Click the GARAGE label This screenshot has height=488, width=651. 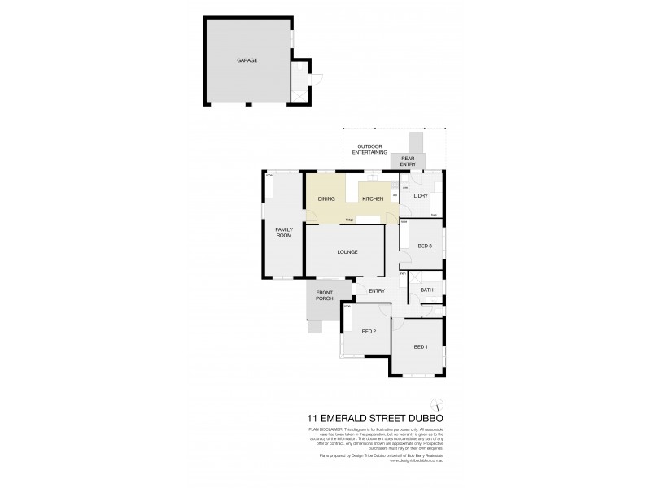click(x=247, y=60)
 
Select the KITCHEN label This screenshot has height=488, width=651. click(x=372, y=199)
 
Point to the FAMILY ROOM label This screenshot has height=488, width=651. click(x=282, y=232)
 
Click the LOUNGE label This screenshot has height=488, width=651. click(x=347, y=251)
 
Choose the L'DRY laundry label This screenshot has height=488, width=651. click(x=421, y=196)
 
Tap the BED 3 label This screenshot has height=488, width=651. click(x=425, y=246)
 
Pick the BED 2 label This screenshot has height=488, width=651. click(x=368, y=331)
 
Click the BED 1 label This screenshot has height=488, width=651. click(x=420, y=347)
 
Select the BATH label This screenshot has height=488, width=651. click(x=426, y=290)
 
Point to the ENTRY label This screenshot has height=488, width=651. click(x=376, y=290)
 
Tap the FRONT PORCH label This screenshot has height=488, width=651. click(x=325, y=295)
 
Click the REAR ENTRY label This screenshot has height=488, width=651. click(x=407, y=162)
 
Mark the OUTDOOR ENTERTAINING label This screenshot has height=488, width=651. click(x=367, y=149)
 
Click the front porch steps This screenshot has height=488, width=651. click(x=314, y=328)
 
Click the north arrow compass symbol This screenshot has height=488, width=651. click(x=437, y=405)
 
